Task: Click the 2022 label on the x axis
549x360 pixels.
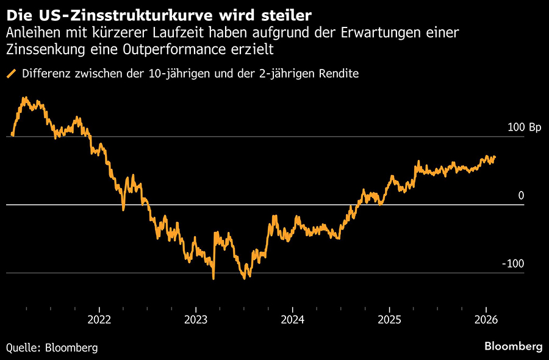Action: [98, 319]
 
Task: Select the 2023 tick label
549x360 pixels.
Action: [195, 319]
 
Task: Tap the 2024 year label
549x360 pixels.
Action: [293, 319]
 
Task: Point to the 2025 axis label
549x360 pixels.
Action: [389, 319]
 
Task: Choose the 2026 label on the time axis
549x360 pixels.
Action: [486, 319]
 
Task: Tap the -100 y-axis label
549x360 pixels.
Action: [514, 264]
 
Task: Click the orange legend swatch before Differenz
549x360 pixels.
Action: [11, 74]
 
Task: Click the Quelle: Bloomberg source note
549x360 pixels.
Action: [52, 347]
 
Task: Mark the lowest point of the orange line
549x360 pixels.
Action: [213, 279]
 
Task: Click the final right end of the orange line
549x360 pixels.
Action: [495, 157]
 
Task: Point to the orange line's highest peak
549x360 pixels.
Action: [24, 97]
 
